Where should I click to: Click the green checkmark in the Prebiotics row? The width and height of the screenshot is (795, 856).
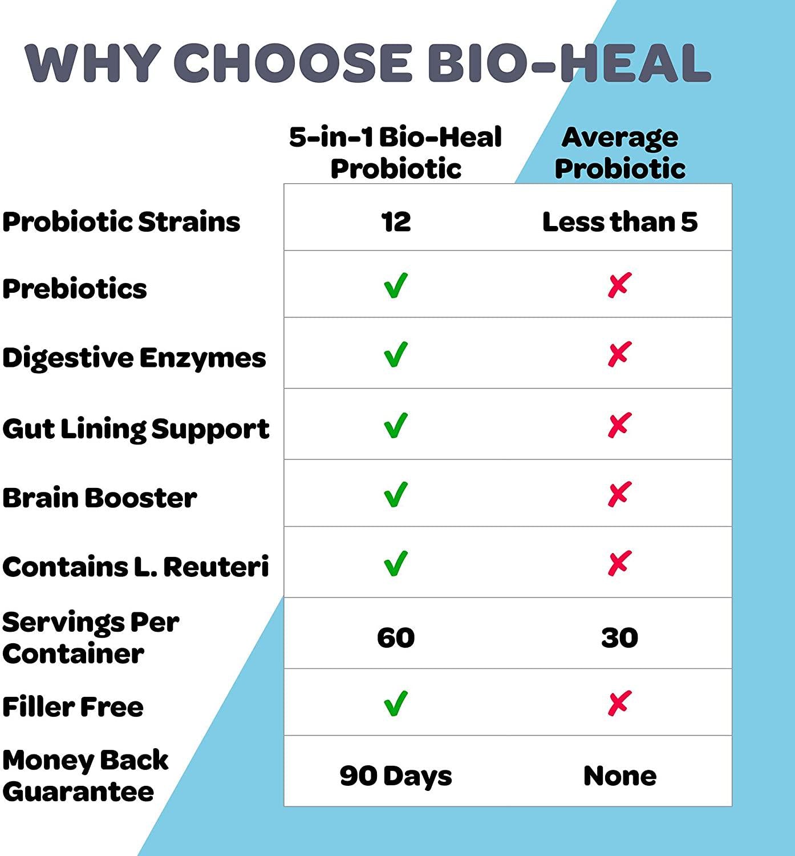tap(395, 285)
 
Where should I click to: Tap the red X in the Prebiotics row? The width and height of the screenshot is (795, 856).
tap(619, 285)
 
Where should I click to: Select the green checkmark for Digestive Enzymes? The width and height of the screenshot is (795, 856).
tap(395, 354)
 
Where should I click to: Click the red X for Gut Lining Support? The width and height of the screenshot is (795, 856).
tap(619, 425)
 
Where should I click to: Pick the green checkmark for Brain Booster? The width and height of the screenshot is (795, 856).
tap(395, 494)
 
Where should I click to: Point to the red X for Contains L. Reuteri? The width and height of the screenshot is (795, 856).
tap(619, 563)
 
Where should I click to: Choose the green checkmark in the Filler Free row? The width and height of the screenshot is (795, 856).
tap(395, 704)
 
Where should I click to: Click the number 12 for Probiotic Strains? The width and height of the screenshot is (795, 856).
tap(396, 222)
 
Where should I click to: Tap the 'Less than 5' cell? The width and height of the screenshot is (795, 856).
tap(619, 222)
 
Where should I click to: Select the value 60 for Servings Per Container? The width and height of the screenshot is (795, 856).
tap(396, 638)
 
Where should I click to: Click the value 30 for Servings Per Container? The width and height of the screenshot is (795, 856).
tap(619, 638)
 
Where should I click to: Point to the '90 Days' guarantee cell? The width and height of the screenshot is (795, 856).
tap(396, 776)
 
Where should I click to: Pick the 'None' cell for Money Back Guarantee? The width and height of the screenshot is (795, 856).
tap(619, 776)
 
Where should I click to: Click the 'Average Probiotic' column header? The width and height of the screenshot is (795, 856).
tap(620, 152)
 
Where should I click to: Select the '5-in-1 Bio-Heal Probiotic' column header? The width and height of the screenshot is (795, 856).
tap(396, 152)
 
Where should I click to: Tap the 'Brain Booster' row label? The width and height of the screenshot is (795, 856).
tap(100, 498)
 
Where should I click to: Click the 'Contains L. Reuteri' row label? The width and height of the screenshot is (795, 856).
tap(136, 567)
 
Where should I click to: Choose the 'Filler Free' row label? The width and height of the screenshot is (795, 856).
tap(73, 707)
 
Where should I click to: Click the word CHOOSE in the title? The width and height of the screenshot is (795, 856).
tap(293, 63)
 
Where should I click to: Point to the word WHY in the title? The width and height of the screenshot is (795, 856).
tap(93, 63)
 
